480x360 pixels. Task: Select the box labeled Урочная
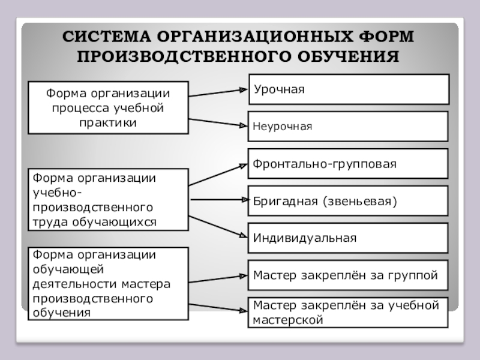pyautogui.click(x=348, y=89)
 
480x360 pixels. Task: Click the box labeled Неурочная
pyautogui.click(x=348, y=127)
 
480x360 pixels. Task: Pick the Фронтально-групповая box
pyautogui.click(x=348, y=164)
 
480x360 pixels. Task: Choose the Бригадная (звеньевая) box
pyautogui.click(x=348, y=200)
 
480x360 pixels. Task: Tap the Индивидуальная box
pyautogui.click(x=348, y=238)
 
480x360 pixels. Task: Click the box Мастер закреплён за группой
pyautogui.click(x=348, y=275)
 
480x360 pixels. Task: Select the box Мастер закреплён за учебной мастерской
pyautogui.click(x=348, y=313)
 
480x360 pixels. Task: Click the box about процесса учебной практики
pyautogui.click(x=108, y=107)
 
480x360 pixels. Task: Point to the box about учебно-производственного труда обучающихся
pyautogui.click(x=108, y=200)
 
